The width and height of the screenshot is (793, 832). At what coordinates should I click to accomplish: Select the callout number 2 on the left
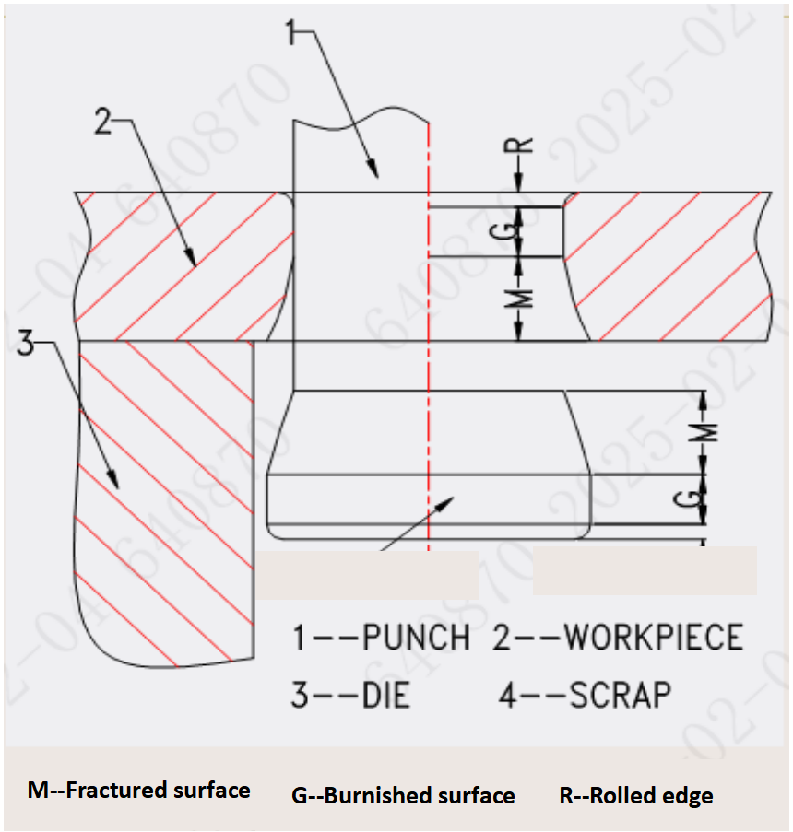tap(105, 122)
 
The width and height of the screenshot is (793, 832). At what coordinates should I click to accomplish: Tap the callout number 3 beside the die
tap(27, 346)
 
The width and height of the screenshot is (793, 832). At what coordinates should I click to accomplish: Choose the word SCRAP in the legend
tap(621, 695)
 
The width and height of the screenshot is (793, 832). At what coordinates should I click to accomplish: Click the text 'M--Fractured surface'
tap(138, 791)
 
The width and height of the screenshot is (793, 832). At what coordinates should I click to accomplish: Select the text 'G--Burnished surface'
tap(403, 795)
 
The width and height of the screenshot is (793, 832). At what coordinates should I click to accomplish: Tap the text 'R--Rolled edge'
tap(636, 795)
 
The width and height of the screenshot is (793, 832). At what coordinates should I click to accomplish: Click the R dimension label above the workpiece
tap(522, 146)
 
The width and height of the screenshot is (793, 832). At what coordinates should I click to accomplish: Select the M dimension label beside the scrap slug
tap(704, 432)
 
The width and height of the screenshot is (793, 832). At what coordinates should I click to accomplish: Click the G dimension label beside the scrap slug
tap(701, 498)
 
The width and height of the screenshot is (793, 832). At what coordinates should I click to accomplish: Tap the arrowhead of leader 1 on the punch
tap(374, 170)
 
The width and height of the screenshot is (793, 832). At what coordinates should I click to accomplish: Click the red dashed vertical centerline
tap(429, 369)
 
